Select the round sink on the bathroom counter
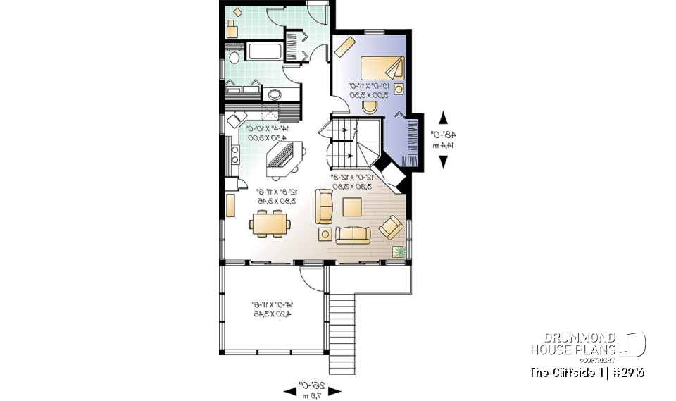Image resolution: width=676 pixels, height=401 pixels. pos(275,94)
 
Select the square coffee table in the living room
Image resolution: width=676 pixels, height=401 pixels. pos(353,206)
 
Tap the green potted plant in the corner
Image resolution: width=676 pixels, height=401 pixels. pos(399,251)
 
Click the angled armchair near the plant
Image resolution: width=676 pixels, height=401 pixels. pos(391,227)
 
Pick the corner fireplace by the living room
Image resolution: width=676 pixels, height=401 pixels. pos(390,174)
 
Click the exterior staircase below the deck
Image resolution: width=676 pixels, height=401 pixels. pos(344,324)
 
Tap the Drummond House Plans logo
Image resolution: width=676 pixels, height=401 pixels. pos(587,345)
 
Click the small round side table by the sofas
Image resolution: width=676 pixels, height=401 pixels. pos(325,233)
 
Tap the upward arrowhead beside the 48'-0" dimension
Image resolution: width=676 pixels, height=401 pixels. pos(444,118)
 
